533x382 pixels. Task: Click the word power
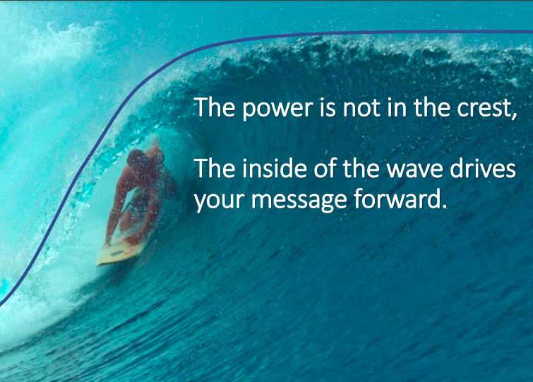(x=277, y=109)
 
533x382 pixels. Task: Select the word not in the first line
(x=361, y=108)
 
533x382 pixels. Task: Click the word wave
(x=415, y=169)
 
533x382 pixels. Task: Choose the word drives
(x=483, y=168)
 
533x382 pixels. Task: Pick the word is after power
(x=328, y=107)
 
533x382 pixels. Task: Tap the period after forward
(x=445, y=206)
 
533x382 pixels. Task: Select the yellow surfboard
(x=121, y=251)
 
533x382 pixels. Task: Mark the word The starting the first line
(x=215, y=107)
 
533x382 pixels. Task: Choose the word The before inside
(x=215, y=168)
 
